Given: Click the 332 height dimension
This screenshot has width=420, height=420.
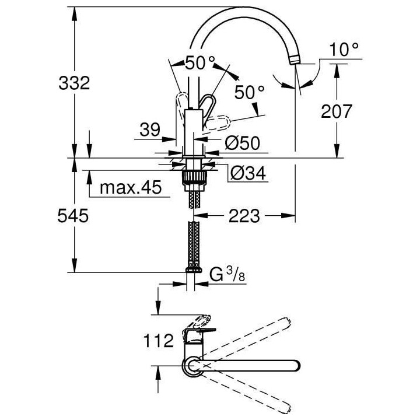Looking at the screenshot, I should click(73, 83).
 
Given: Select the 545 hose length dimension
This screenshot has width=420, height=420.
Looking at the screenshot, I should click(73, 216).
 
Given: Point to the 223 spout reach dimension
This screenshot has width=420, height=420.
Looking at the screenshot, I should click(244, 216).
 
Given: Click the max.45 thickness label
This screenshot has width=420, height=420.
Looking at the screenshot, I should click(129, 188).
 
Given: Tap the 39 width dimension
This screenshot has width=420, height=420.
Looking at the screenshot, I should click(150, 130).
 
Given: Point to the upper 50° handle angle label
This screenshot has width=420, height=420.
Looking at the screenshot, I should click(200, 63).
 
